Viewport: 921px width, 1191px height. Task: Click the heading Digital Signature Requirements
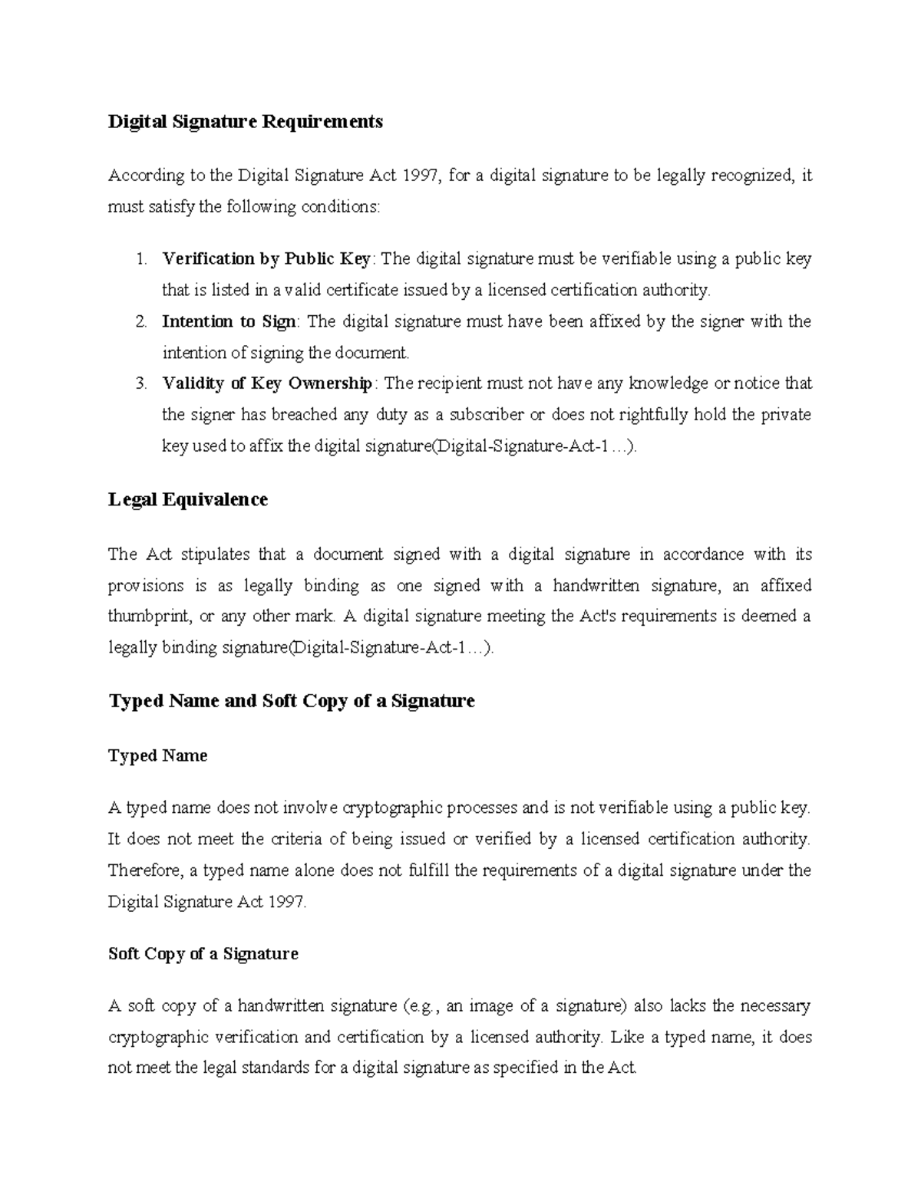tap(245, 121)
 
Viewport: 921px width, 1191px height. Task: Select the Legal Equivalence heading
tap(188, 499)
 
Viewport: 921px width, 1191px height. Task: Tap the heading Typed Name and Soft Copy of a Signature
tap(292, 701)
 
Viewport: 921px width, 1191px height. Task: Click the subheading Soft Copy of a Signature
tap(203, 954)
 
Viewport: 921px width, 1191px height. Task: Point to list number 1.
tap(140, 259)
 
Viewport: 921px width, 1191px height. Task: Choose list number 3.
tap(140, 383)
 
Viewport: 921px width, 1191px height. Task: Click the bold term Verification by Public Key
tap(266, 259)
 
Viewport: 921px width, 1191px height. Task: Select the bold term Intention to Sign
tap(228, 321)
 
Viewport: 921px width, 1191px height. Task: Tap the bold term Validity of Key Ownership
tap(267, 383)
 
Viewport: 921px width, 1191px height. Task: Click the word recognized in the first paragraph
tap(751, 176)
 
